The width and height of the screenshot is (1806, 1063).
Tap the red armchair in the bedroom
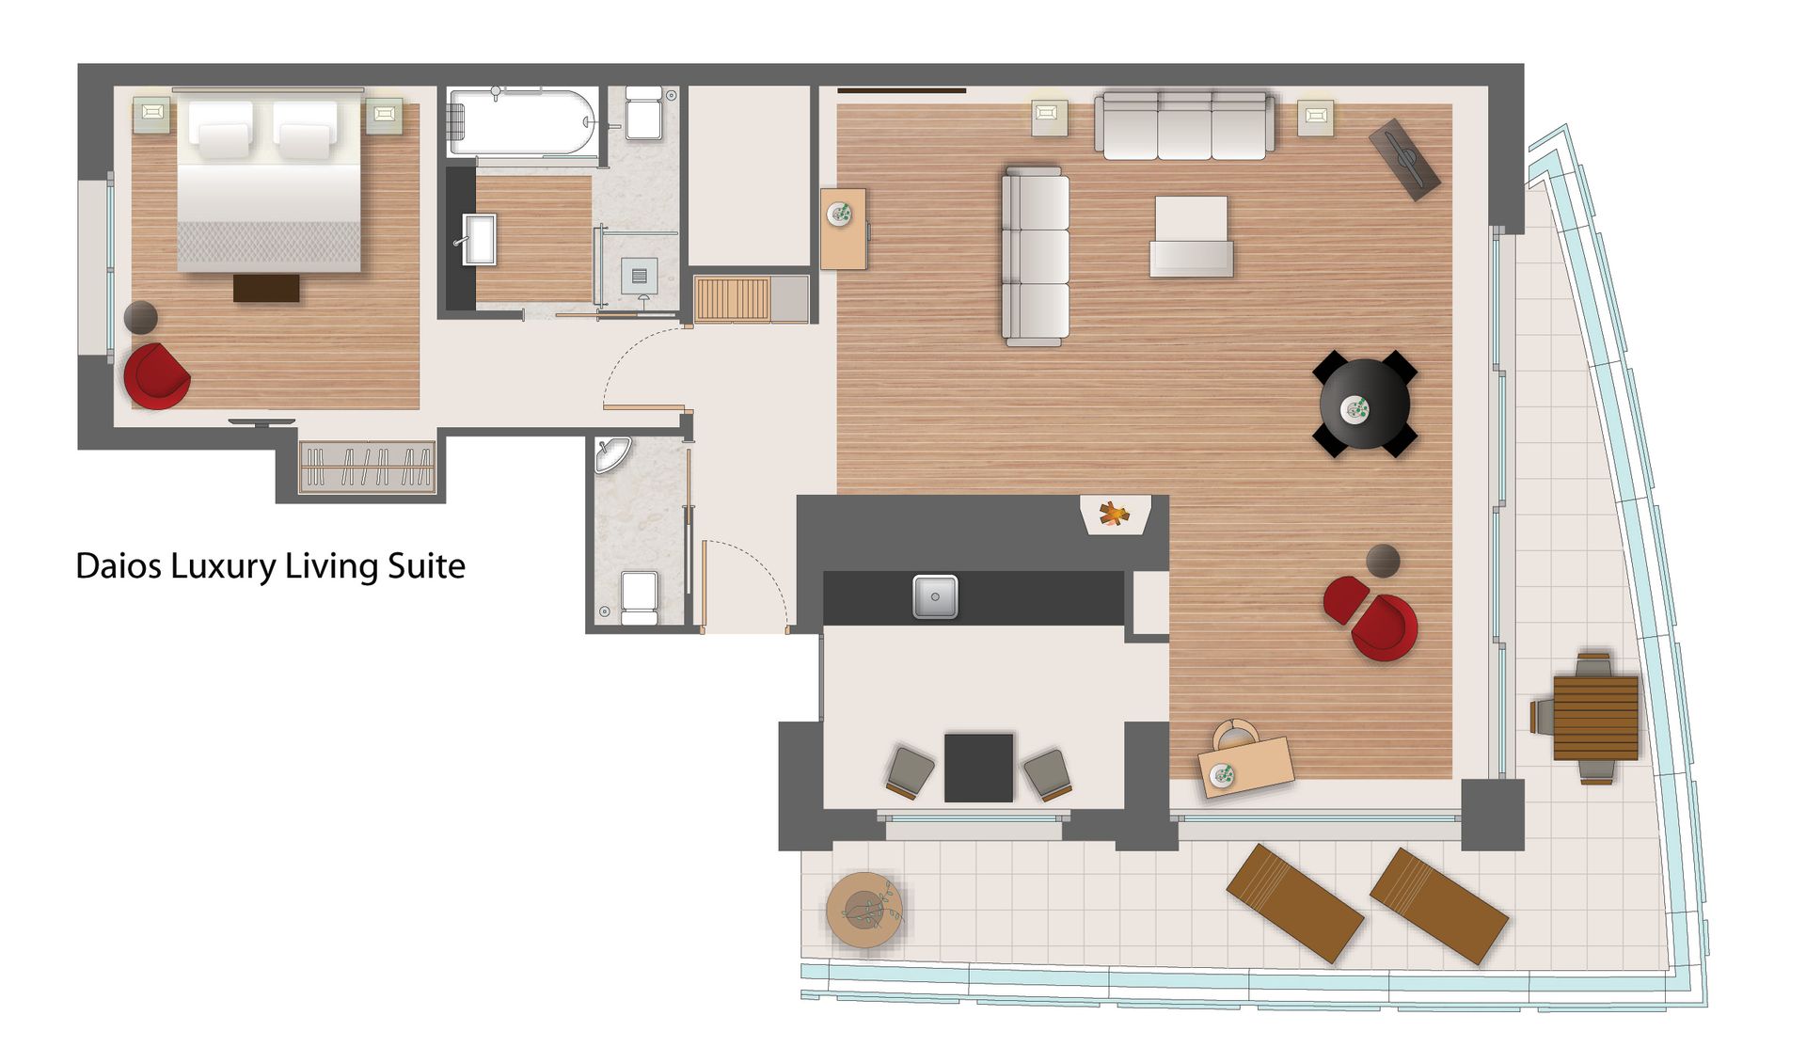pos(156,376)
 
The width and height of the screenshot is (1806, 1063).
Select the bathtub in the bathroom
pos(523,121)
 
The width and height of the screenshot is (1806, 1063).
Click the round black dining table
pos(1365,405)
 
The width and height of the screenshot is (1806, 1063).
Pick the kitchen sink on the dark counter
pos(935,596)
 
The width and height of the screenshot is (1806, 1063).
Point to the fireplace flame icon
pos(1114,514)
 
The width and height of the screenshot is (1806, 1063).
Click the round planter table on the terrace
pos(864,910)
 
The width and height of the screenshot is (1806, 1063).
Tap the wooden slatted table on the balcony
pos(1595,718)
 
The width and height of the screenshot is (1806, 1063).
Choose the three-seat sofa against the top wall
pos(1184,125)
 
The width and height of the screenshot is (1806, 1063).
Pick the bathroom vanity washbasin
pos(480,239)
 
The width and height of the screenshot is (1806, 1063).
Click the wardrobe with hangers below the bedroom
pos(366,466)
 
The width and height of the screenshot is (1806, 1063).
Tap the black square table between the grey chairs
pos(978,768)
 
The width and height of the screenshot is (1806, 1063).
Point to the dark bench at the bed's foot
pos(266,288)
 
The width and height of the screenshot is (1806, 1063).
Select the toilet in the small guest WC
pos(639,597)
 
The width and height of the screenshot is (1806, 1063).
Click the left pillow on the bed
pos(221,129)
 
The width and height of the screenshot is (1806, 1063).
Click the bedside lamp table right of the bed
pos(384,115)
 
